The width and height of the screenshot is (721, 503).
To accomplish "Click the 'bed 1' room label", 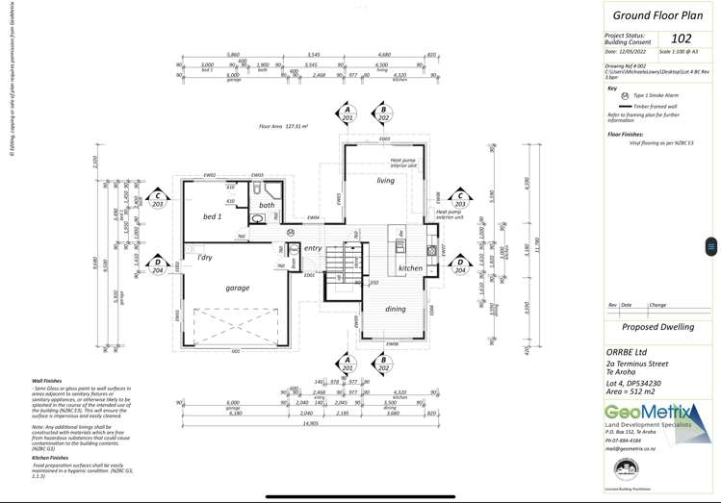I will coord(213,217).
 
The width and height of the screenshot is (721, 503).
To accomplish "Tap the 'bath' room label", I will coord(267,205).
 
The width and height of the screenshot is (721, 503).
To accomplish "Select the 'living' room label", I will coord(385,180).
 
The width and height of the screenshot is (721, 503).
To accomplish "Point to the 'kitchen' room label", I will coord(410,268).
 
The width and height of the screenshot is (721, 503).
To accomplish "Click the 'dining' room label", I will coord(396,309).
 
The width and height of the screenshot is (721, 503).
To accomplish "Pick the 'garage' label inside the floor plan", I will coord(237,288).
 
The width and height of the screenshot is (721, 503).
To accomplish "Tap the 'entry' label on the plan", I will coord(313,248).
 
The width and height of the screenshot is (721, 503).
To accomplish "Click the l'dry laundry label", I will coord(205,258).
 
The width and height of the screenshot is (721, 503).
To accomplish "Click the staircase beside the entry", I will coord(336,259).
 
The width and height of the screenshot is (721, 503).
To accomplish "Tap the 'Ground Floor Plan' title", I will coord(657,15).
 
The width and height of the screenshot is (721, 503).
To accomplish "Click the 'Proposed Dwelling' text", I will coord(657,327).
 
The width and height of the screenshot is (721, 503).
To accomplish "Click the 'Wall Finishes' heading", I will coord(49,380).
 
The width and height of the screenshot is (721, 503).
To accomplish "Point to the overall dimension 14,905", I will coord(310,423).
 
